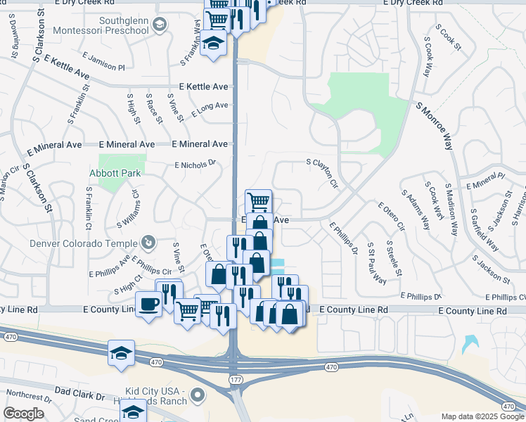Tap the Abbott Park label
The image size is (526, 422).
115,173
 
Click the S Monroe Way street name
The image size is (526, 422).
434,126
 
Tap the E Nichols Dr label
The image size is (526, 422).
195,165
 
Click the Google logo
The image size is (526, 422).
24,414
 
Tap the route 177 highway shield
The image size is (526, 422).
234,379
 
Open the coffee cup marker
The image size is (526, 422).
148,305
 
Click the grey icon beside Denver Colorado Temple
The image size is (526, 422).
149,243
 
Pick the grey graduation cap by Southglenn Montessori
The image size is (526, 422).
160,26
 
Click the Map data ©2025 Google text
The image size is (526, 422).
482,416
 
